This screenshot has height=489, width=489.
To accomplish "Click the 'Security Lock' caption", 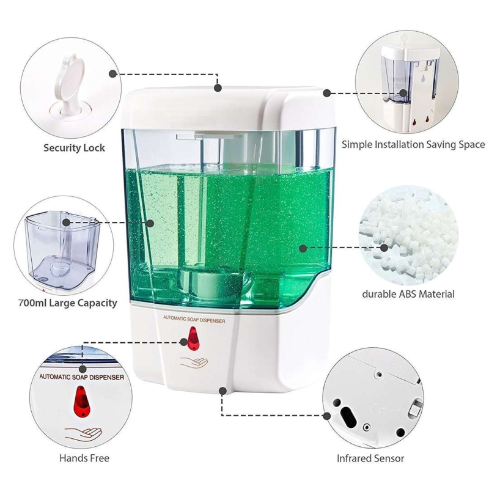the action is click(x=74, y=147).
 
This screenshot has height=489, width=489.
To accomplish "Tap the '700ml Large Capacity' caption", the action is click(x=68, y=303).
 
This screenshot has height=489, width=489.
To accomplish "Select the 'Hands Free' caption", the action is click(x=84, y=458).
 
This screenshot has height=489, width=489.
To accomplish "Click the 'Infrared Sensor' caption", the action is click(x=370, y=458).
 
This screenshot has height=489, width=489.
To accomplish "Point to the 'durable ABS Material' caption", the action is click(x=408, y=294).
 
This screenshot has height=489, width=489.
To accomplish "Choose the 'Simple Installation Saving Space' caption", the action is click(x=413, y=144).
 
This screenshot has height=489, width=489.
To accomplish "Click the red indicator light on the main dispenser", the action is click(x=193, y=339).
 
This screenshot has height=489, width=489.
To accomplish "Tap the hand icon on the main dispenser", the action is click(x=194, y=362).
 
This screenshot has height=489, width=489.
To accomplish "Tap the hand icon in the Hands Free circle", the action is click(x=83, y=432).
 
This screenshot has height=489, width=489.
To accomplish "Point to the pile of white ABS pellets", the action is click(x=408, y=235).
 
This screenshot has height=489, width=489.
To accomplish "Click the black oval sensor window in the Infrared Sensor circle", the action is click(x=348, y=416).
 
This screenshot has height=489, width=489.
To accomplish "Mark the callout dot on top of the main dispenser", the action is click(x=218, y=88).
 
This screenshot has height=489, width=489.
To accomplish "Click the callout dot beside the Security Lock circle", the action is click(x=113, y=74).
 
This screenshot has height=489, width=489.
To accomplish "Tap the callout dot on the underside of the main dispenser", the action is click(x=222, y=391).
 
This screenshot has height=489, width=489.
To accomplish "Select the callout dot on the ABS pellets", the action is click(x=384, y=248).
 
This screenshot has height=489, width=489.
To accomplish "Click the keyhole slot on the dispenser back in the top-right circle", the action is click(x=423, y=79).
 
